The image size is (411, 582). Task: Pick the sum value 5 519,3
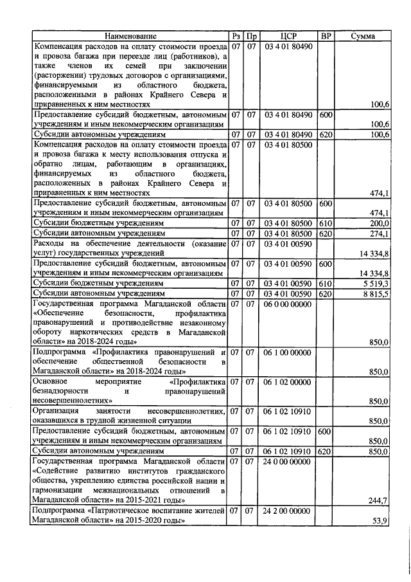[375, 283]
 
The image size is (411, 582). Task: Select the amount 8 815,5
[375, 293]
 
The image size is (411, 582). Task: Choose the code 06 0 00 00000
[288, 304]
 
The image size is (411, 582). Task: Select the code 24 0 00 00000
[288, 461]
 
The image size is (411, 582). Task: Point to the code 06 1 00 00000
[288, 352]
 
